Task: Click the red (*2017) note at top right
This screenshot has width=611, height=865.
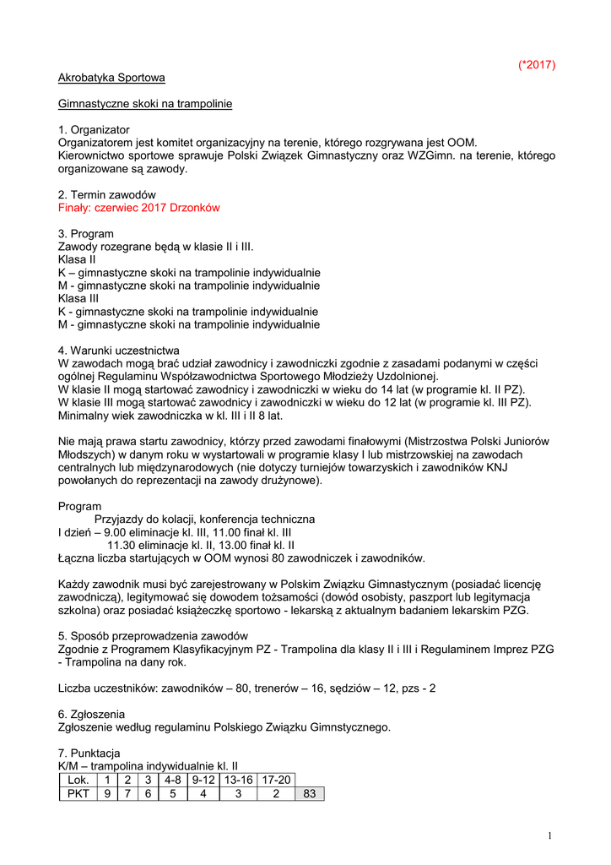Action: tap(537, 65)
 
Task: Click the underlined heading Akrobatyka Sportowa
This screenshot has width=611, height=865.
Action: tap(111, 78)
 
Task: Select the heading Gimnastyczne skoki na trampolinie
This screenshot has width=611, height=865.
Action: tap(145, 104)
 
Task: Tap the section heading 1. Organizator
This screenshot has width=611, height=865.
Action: tap(94, 130)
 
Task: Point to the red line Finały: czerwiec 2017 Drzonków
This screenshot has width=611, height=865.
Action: tap(139, 207)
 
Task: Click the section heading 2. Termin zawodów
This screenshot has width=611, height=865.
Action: tap(106, 194)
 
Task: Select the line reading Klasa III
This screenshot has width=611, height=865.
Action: tap(78, 298)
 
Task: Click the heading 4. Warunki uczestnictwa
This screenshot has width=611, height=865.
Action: tap(118, 351)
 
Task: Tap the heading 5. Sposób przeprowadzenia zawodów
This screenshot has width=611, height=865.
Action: tap(153, 636)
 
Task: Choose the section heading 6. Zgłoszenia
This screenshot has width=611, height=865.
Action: tap(91, 714)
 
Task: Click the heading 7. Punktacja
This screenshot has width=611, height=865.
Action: tap(89, 753)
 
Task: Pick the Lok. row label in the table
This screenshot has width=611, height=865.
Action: tap(78, 780)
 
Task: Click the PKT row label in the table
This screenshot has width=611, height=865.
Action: tap(78, 793)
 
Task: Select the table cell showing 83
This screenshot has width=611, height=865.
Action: tap(309, 793)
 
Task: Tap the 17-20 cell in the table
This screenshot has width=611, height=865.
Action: tap(275, 780)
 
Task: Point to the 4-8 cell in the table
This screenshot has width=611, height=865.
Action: tap(173, 780)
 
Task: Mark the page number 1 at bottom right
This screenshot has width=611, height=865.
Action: tap(549, 835)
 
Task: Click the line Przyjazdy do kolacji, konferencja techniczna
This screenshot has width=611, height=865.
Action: tap(204, 519)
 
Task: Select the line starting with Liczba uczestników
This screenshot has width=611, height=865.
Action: tap(246, 688)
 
